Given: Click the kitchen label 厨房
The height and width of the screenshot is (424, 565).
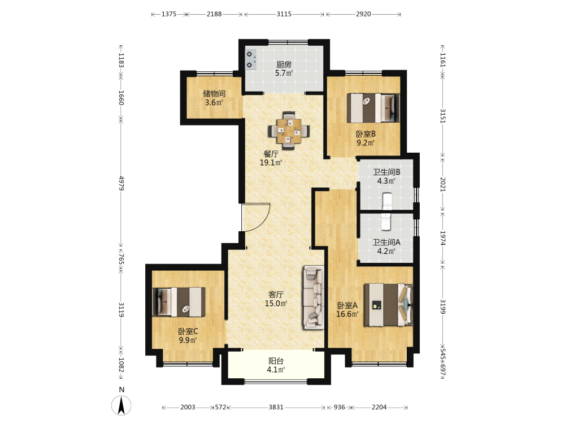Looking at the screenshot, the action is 284,64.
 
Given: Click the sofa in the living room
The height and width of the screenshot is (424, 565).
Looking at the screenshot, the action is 314,297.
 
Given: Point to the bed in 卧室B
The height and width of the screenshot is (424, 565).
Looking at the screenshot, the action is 373,108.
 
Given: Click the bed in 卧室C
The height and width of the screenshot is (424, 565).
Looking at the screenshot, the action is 179,302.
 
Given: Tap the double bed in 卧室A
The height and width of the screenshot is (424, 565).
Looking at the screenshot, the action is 388,305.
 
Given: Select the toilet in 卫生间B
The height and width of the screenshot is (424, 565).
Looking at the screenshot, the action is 387,201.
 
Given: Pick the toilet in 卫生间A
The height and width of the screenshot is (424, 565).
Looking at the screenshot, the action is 386,222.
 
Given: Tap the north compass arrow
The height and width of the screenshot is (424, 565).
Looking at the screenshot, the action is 121,405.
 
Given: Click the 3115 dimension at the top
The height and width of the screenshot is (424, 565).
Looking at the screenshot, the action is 284,14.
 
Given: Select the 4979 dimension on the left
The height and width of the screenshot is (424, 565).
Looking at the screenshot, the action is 121,183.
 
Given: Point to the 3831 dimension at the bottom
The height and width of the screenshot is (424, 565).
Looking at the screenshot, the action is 276,407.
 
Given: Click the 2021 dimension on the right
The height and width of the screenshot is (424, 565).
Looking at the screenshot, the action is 443,184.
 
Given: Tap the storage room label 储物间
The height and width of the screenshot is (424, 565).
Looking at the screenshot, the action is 214,94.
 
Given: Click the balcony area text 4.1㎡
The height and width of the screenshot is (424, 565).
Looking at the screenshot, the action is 276,370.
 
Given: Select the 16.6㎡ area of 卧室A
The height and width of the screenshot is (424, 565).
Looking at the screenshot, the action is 347,314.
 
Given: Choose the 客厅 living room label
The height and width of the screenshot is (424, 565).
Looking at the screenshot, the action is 276,295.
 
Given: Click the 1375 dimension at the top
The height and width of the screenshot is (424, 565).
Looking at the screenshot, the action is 169,14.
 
